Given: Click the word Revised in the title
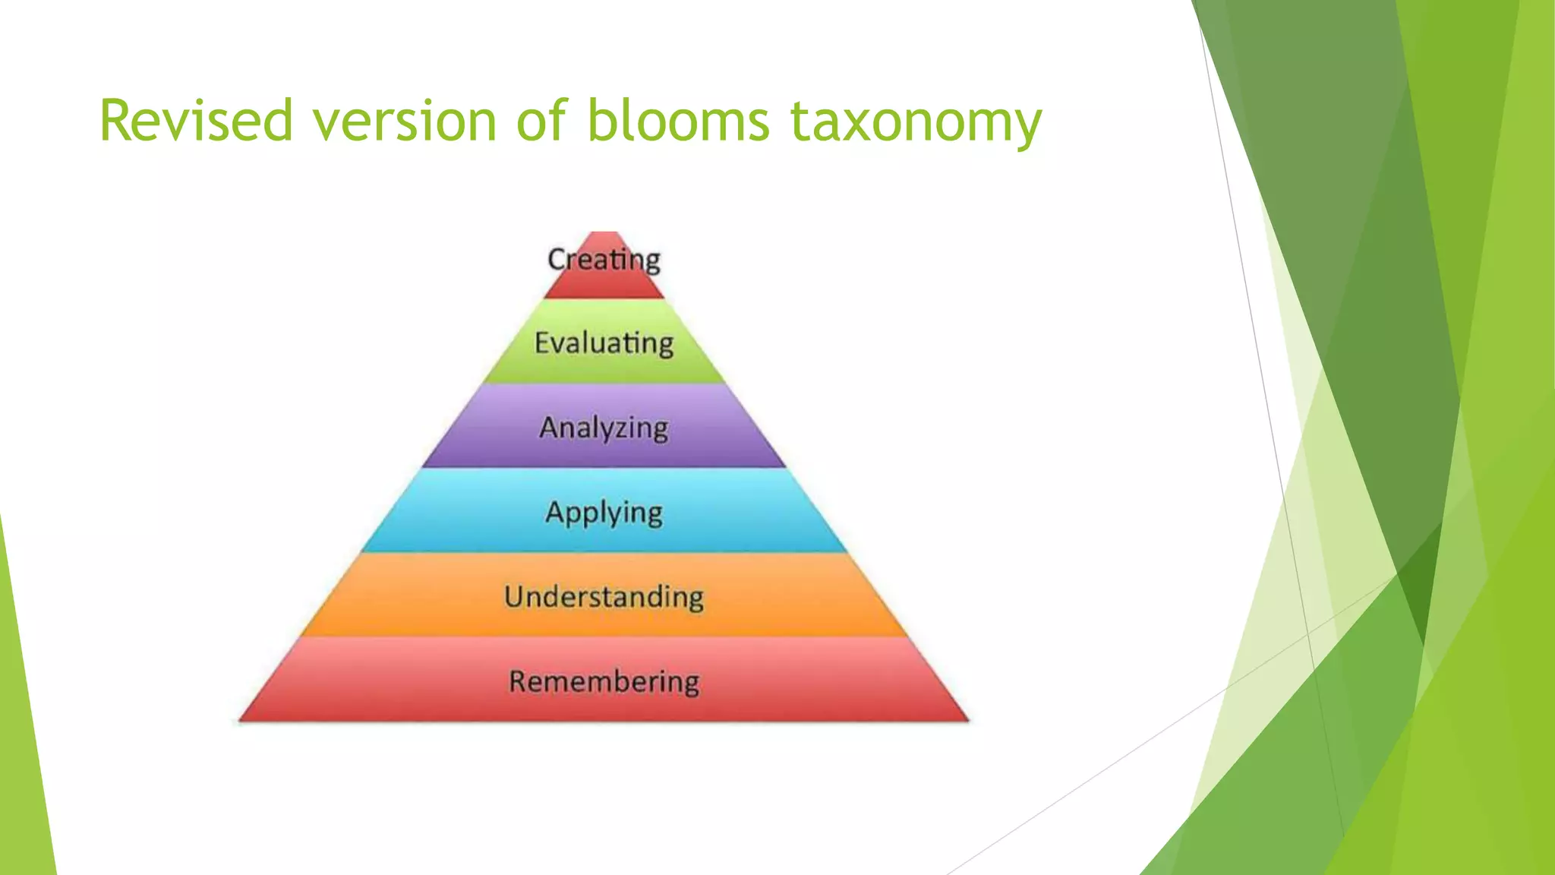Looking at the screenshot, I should (196, 120).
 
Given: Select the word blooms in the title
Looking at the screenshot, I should (679, 120).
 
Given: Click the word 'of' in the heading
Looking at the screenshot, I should (541, 120).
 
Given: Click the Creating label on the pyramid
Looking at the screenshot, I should (604, 260).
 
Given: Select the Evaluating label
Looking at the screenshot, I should (604, 343).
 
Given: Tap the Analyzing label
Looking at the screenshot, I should (604, 428).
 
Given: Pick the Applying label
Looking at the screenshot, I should (604, 513).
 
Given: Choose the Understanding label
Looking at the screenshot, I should (604, 597).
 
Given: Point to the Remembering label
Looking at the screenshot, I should (604, 681).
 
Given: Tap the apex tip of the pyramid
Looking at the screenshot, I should (604, 233).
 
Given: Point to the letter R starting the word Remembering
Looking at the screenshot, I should (517, 681).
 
